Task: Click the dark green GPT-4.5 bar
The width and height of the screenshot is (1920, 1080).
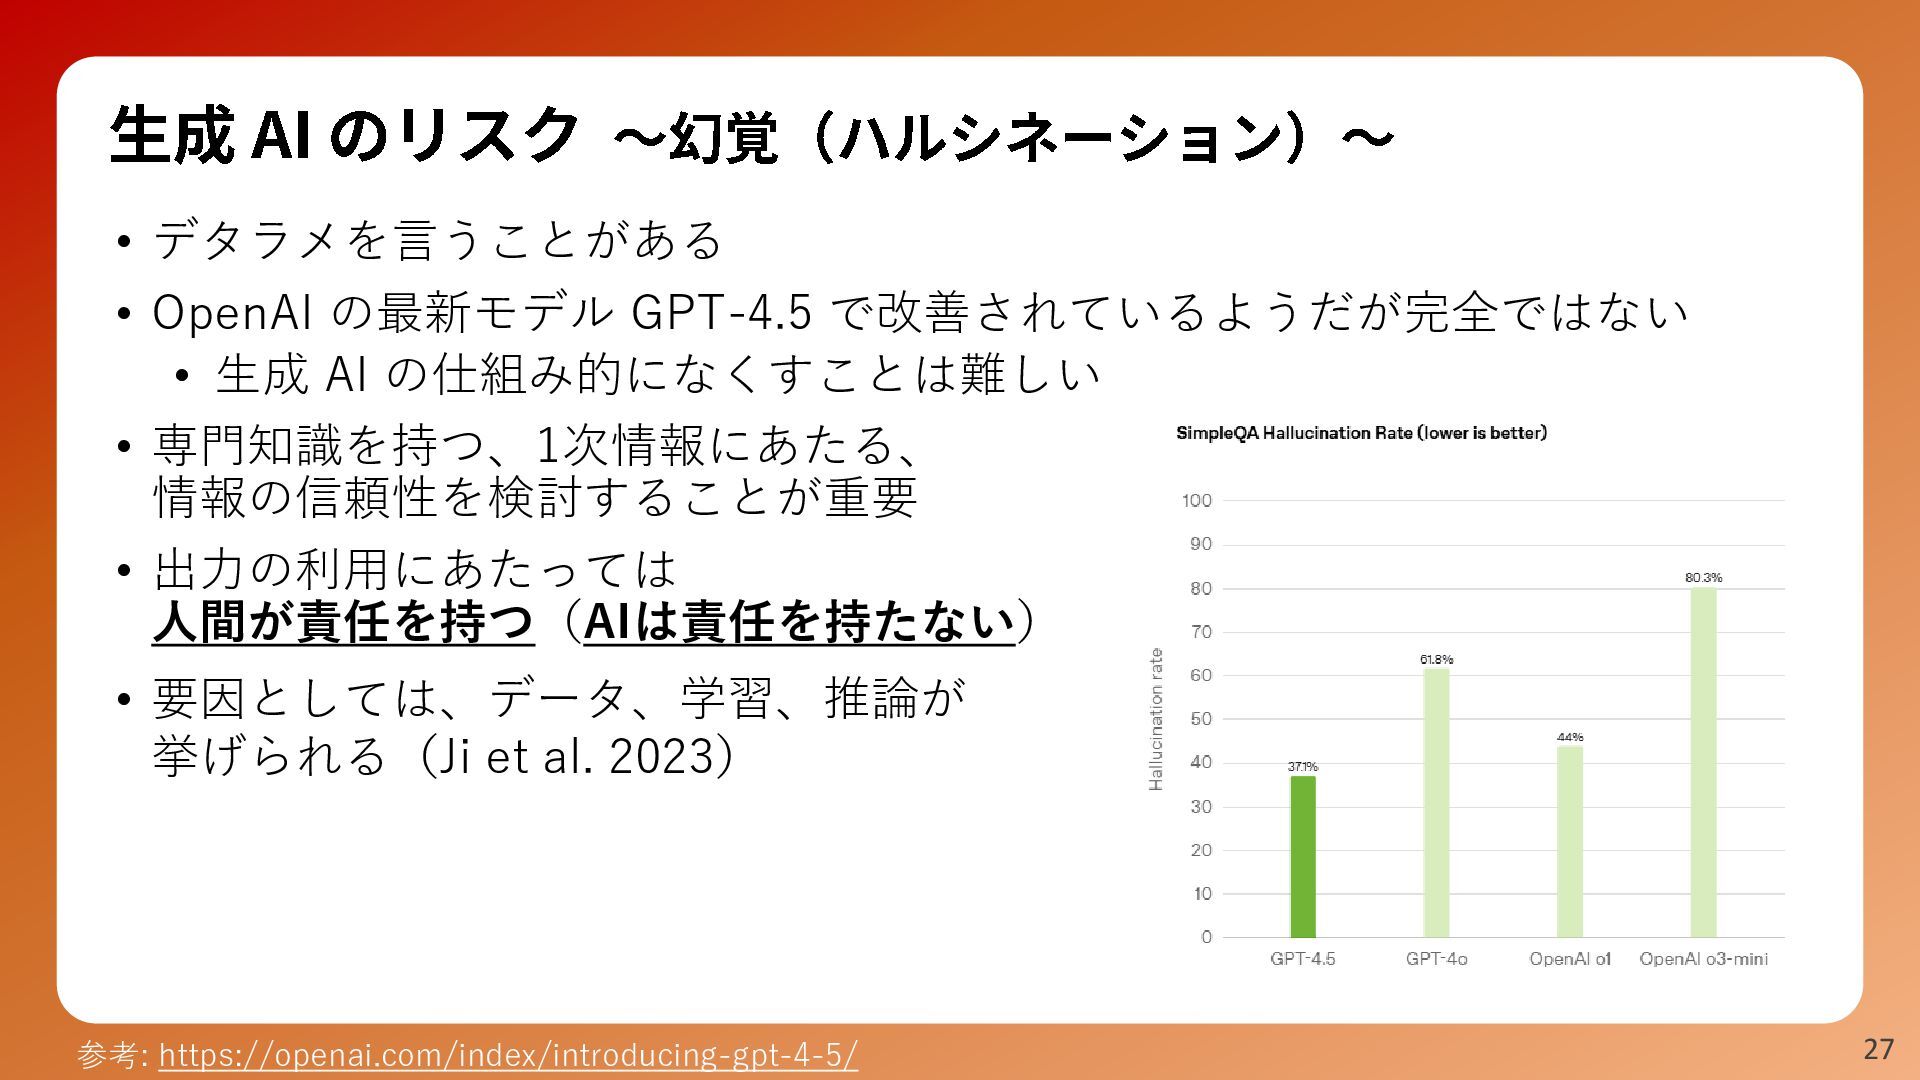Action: [1303, 857]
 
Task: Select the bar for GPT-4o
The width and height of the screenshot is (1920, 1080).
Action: [1436, 803]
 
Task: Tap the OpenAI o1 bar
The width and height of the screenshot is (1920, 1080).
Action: [1570, 842]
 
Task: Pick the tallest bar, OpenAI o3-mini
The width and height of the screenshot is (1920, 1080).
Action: [1704, 763]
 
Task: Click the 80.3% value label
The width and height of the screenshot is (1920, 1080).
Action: [1704, 577]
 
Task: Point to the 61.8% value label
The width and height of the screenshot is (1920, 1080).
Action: [1437, 659]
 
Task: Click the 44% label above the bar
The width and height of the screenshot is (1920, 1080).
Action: [1570, 737]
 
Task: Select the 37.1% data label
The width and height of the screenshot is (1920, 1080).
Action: [1303, 766]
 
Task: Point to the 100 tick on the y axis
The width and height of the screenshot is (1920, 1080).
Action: [1197, 500]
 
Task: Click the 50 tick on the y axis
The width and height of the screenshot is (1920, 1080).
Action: [1201, 719]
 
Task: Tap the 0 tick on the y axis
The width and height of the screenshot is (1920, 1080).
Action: [1207, 937]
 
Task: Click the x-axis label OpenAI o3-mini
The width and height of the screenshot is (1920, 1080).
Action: [1704, 959]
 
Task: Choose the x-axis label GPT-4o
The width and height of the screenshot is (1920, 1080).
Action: [1437, 959]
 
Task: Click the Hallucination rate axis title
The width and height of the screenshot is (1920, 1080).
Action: [1157, 719]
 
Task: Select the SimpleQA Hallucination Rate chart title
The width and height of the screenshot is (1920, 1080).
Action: [1362, 433]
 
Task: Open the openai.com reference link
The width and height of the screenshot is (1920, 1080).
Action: [508, 1055]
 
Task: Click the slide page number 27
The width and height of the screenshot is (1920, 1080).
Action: [1879, 1049]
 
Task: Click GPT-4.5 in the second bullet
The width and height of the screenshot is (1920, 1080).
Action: [721, 313]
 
